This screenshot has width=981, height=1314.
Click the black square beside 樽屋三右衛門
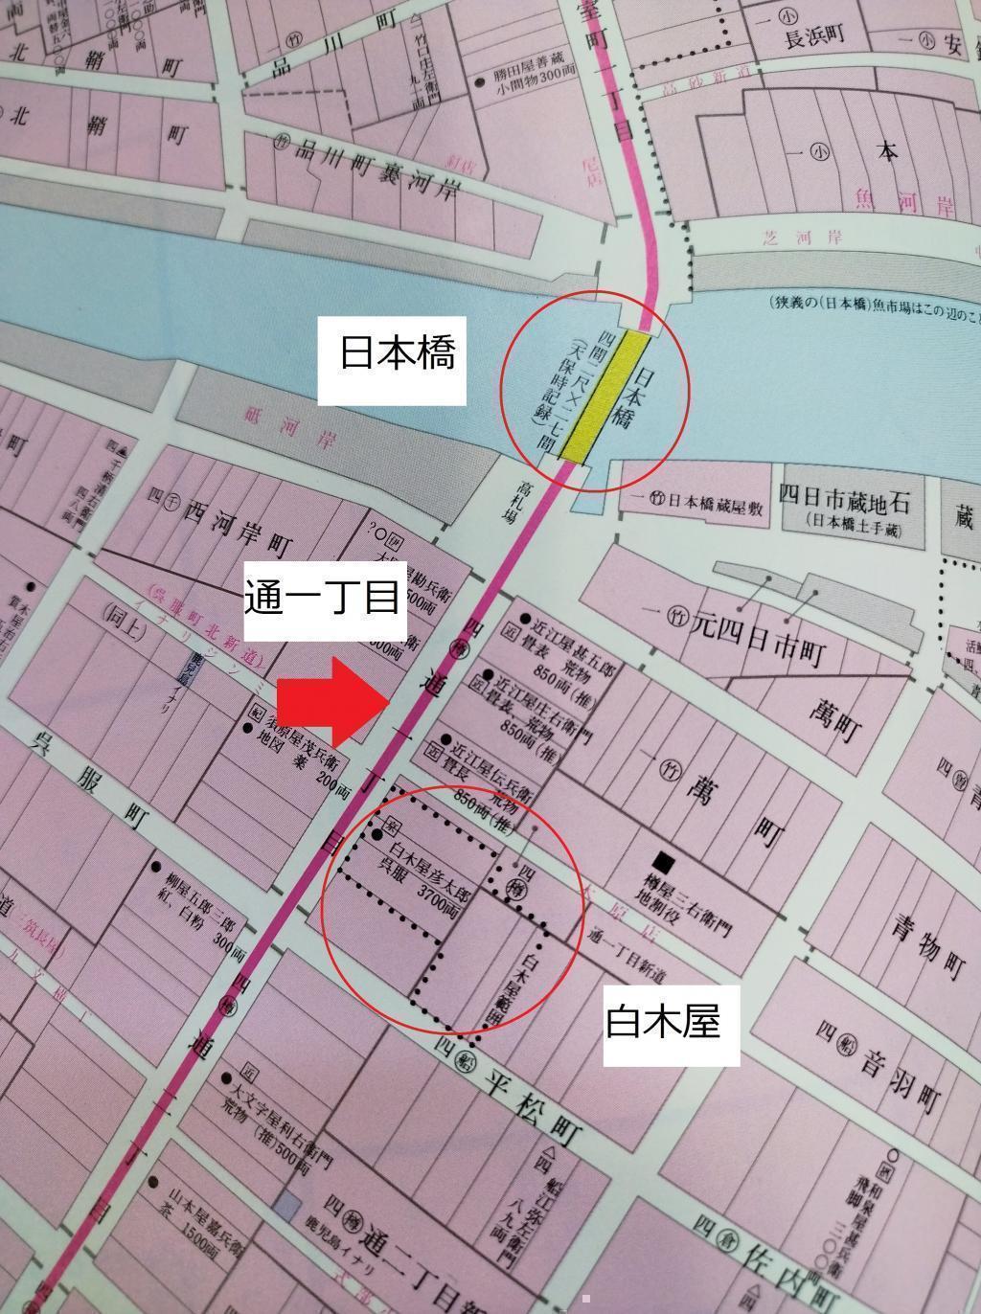[660, 859]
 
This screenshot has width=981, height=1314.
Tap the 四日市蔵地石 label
[843, 500]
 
